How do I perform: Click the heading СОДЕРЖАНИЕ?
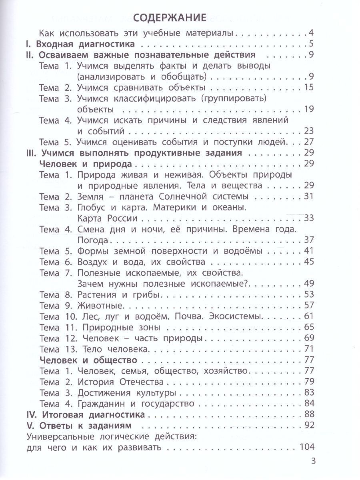170,18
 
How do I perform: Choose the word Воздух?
94,262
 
